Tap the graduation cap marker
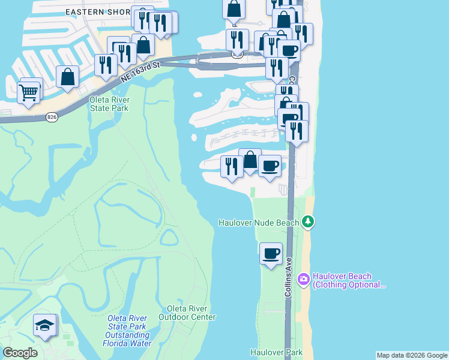coord(44,326)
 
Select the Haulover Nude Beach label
coord(258,223)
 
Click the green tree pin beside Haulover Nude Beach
coord(309,223)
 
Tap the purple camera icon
coord(304,278)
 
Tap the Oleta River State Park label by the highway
coord(109,104)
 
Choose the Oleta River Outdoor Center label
coord(187,313)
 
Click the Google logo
coord(20,353)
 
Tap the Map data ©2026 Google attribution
coord(412,355)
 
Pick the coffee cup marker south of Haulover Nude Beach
coord(271,253)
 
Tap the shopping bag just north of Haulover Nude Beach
coord(250,160)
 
